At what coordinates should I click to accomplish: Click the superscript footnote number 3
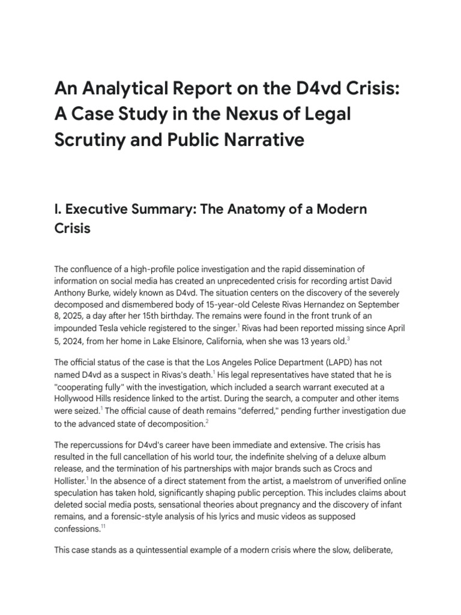pos(348,340)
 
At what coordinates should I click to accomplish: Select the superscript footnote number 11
pos(103,527)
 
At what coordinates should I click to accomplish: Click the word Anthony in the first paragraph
pos(73,294)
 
